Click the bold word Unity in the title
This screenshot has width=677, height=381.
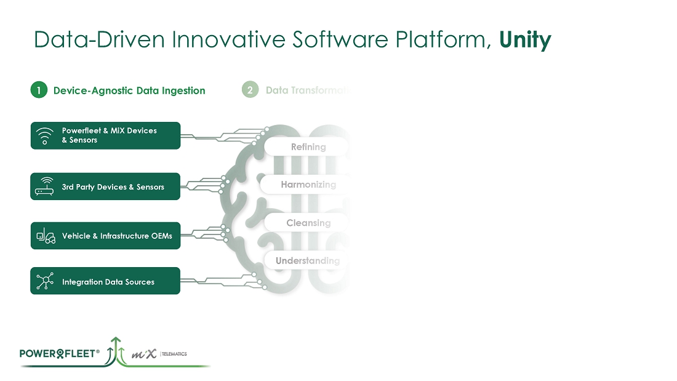point(525,39)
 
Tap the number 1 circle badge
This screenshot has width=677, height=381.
point(39,90)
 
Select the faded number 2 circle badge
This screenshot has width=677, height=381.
point(250,90)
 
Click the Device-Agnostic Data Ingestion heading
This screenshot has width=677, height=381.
point(129,90)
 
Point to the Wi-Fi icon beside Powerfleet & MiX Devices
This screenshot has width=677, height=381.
point(45,135)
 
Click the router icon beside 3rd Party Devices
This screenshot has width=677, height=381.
point(45,186)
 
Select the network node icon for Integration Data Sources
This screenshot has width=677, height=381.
point(45,281)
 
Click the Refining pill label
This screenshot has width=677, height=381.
point(308,146)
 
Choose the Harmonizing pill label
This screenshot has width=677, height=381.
point(308,185)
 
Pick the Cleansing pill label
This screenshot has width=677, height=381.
point(308,223)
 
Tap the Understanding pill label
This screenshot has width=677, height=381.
point(307,261)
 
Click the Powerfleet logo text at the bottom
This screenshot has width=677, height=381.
point(59,353)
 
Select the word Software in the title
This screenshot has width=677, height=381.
point(340,39)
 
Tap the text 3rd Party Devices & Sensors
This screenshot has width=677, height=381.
point(113,186)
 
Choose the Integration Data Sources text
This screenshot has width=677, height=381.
point(108,282)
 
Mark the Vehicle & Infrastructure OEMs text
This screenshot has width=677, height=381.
point(117,236)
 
